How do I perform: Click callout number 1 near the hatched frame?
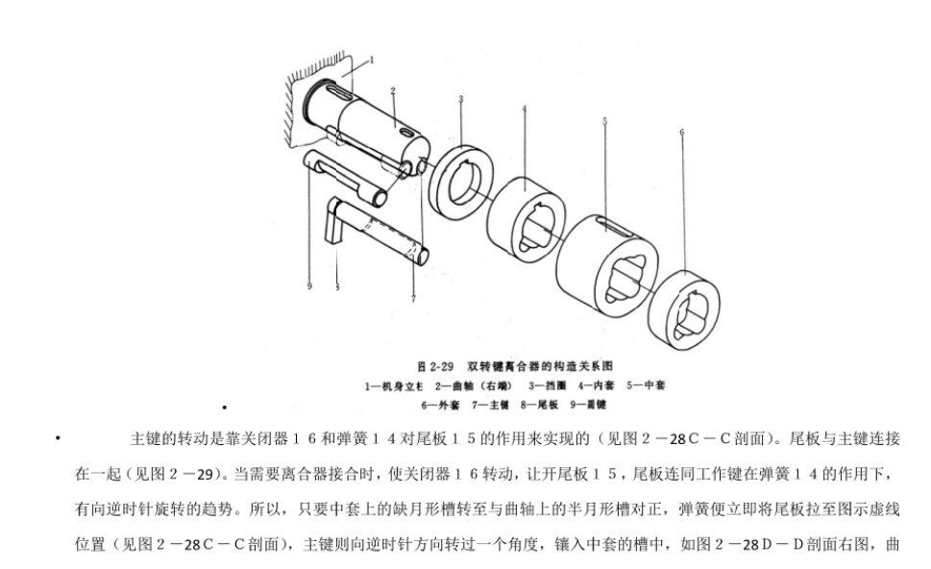tap(373, 60)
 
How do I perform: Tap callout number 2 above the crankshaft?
tap(392, 90)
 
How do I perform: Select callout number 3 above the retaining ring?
tap(461, 98)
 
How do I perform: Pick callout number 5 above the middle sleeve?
tap(604, 120)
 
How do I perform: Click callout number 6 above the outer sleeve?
tap(681, 132)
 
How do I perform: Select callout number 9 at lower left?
tap(309, 284)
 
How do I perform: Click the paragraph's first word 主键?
tap(145, 439)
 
